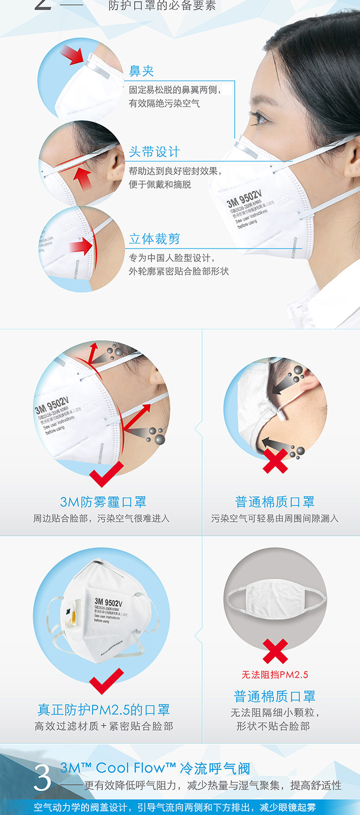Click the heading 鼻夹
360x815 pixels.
pos(142,71)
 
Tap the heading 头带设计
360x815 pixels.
pos(155,152)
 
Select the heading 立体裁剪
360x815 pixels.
pos(155,239)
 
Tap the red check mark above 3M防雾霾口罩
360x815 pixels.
pos(106,474)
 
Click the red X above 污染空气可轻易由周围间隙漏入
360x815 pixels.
pos(275,461)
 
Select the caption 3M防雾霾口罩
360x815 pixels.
pos(103,502)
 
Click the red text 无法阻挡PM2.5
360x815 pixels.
pos(275,675)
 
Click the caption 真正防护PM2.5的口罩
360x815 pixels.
pos(104,709)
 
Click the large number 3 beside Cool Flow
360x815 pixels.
pos(42,778)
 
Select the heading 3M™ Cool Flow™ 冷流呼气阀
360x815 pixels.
pos(155,768)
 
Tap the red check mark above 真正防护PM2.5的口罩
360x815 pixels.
pos(106,681)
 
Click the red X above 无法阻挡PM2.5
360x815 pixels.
pos(275,651)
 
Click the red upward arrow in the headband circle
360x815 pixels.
pos(83,178)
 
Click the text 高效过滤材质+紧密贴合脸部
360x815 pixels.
pos(104,726)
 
